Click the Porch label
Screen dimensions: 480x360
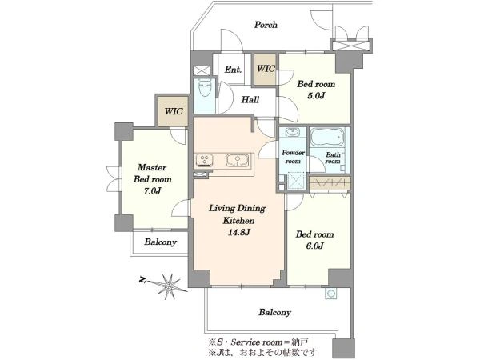pyautogui.click(x=266, y=25)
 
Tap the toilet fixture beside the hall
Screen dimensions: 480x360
pyautogui.click(x=205, y=88)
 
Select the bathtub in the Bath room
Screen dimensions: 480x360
pyautogui.click(x=327, y=137)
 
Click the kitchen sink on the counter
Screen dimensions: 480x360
pyautogui.click(x=238, y=161)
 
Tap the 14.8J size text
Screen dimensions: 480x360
pyautogui.click(x=238, y=232)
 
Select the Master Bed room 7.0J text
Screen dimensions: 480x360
pyautogui.click(x=152, y=179)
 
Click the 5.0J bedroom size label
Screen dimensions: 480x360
pyautogui.click(x=316, y=96)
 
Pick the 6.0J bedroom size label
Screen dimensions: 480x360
pyautogui.click(x=314, y=246)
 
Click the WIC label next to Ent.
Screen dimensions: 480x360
pyautogui.click(x=266, y=69)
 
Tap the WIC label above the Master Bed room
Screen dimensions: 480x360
pyautogui.click(x=174, y=111)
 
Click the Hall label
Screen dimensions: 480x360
pyautogui.click(x=250, y=99)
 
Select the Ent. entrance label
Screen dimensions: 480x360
pyautogui.click(x=233, y=70)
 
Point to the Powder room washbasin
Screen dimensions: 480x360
pyautogui.click(x=293, y=133)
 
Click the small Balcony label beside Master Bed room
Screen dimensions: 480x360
pyautogui.click(x=161, y=242)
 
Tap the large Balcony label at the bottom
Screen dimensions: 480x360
pyautogui.click(x=274, y=312)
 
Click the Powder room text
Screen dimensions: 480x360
pyautogui.click(x=293, y=157)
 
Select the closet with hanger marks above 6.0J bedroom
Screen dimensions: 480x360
pyautogui.click(x=330, y=183)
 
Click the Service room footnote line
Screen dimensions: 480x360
pyautogui.click(x=258, y=342)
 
